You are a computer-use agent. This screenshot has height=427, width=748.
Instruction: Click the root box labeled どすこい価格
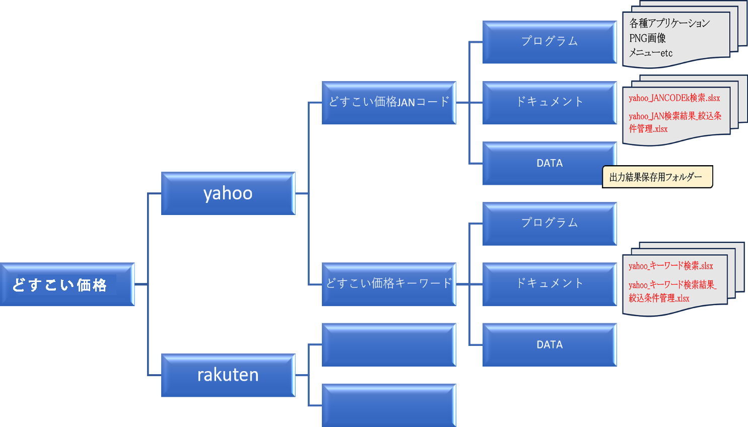click(67, 284)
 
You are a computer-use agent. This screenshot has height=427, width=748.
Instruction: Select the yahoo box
click(228, 193)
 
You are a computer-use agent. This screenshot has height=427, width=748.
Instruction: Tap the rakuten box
click(228, 375)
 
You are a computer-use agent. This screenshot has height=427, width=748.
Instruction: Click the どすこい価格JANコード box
click(388, 102)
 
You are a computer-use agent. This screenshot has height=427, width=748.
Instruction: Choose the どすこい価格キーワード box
click(388, 284)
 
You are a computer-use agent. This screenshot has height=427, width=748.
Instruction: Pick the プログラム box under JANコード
click(549, 42)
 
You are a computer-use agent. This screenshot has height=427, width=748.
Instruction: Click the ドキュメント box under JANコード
click(549, 102)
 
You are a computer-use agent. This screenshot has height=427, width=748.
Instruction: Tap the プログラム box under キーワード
click(549, 224)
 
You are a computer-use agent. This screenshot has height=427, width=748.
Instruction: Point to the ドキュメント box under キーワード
click(549, 284)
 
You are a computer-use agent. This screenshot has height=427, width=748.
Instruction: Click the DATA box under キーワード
click(549, 344)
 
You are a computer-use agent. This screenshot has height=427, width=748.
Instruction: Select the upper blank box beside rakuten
click(388, 344)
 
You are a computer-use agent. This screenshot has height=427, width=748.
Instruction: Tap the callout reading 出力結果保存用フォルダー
click(657, 177)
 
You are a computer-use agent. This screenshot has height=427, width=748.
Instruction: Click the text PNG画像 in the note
click(647, 38)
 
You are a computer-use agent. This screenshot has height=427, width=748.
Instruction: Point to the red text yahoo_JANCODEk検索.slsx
click(674, 98)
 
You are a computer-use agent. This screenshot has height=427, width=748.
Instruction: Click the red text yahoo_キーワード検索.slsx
click(670, 266)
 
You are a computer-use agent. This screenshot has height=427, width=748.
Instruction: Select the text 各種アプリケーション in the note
click(669, 23)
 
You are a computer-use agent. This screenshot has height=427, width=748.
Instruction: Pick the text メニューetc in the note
click(650, 53)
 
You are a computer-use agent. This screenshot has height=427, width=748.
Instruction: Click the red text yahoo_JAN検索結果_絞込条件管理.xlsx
click(674, 122)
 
